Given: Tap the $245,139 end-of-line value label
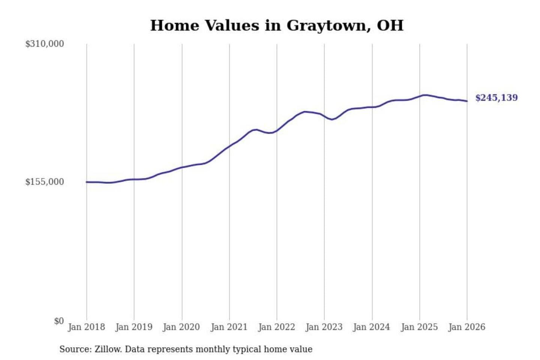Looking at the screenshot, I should point(496,98).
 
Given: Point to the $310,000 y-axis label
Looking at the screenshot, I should point(45,44).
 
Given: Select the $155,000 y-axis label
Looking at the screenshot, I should point(45,182).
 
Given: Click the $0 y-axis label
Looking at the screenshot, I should point(59,321).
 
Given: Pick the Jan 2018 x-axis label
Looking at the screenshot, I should point(86,327).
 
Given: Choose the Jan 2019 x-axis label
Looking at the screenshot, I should point(134,327).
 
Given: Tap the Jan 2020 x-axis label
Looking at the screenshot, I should point(181,327).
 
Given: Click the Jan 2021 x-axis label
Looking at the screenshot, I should point(229,327).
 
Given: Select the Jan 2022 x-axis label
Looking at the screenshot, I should point(277,327).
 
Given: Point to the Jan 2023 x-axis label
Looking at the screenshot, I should point(324,327).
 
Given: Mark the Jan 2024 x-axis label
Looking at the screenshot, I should point(372,327).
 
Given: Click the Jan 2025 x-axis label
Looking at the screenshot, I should point(419,327).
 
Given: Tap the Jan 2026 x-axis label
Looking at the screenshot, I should point(467,327).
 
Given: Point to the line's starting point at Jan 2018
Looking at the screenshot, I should point(87,182).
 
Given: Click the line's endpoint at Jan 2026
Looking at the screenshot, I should point(467,101).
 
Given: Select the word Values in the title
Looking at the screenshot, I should point(232,25).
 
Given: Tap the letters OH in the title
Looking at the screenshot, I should point(390,25).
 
